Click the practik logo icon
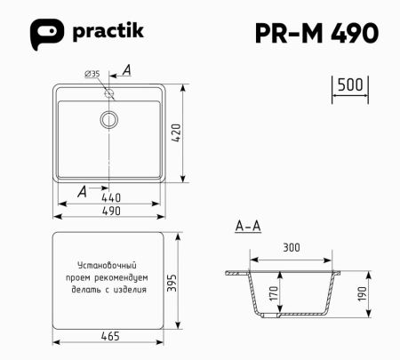click(45, 33)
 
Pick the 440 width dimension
click(111, 196)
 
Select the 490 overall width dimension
click(111, 211)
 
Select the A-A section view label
click(248, 227)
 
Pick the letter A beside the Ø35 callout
click(126, 69)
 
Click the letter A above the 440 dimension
click(83, 189)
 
